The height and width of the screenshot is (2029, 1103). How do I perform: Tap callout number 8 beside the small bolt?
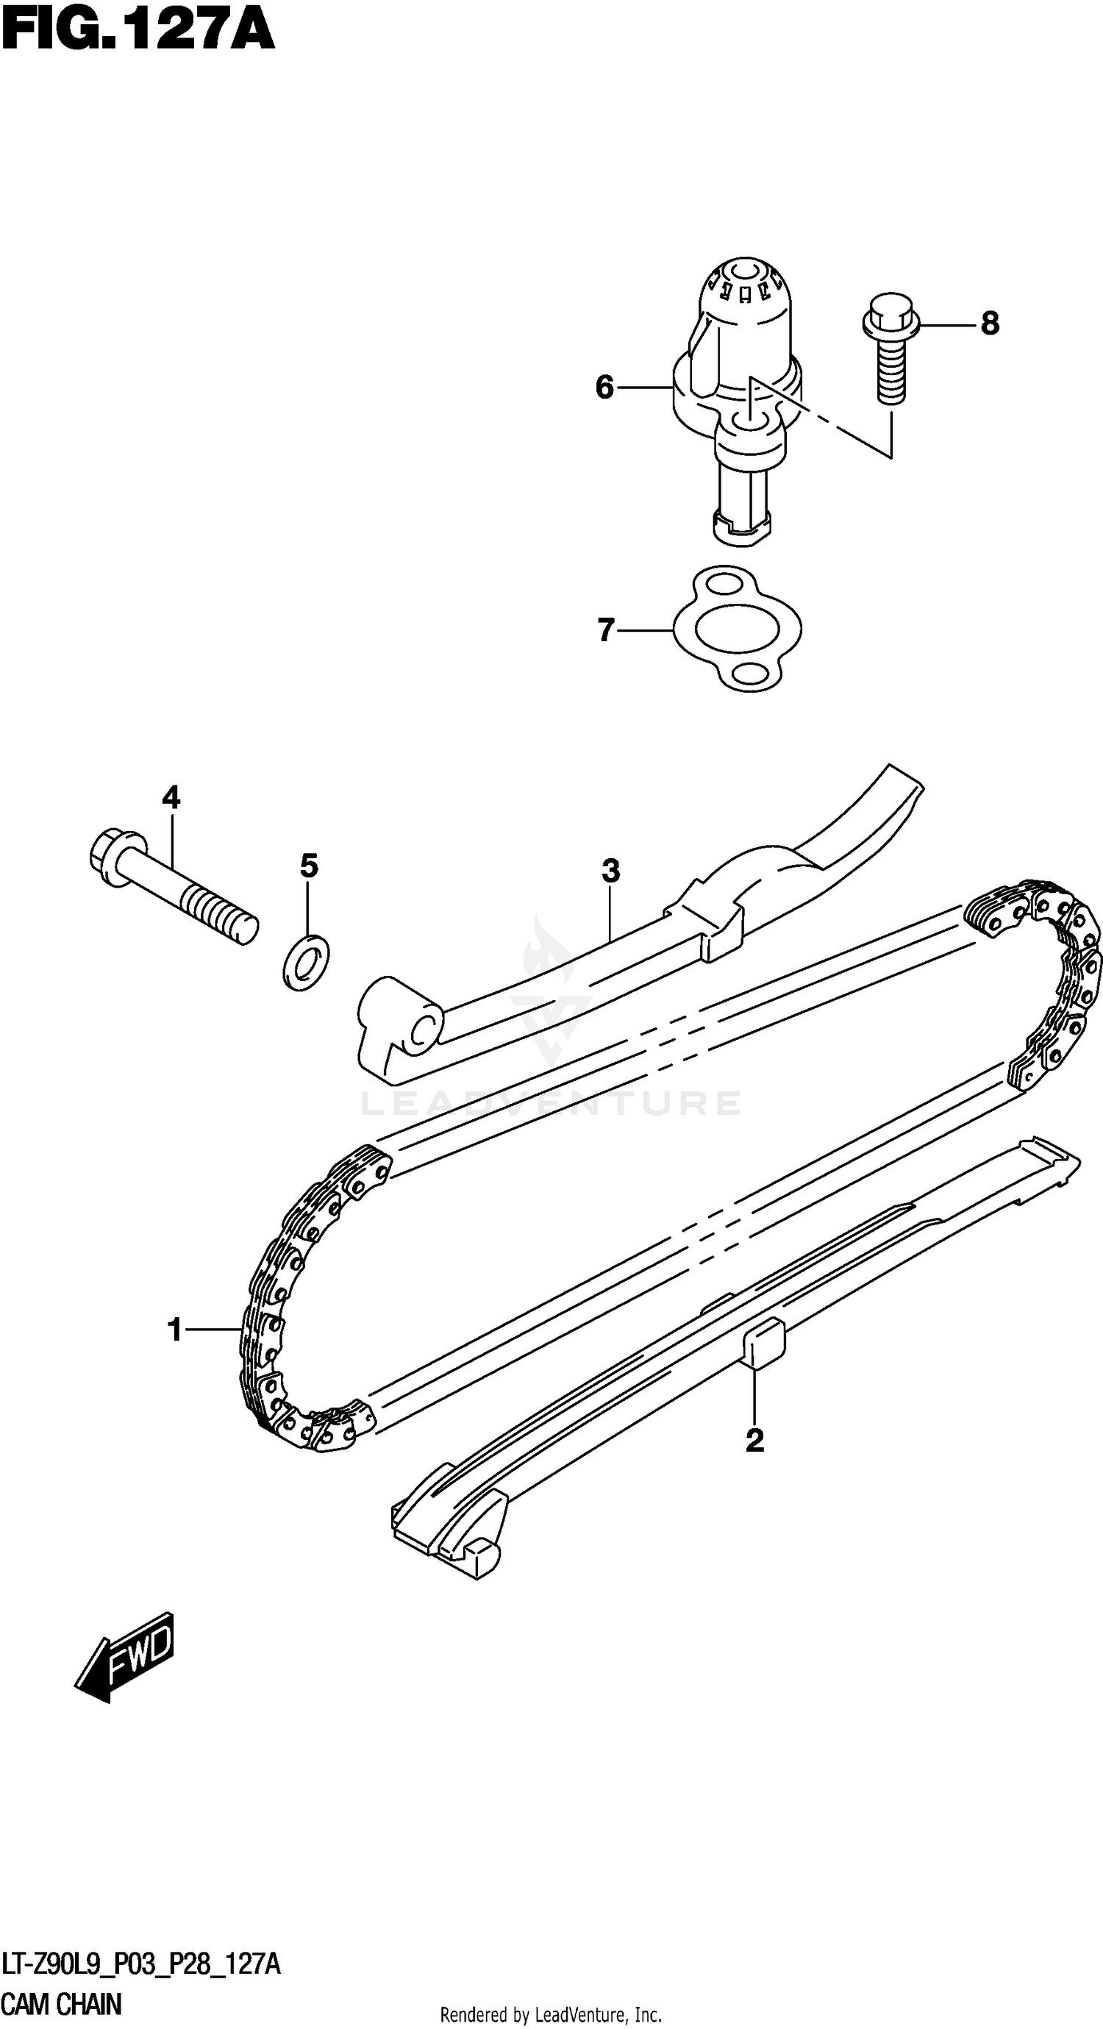click(x=990, y=324)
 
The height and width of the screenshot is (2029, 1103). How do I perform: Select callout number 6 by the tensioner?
click(x=604, y=388)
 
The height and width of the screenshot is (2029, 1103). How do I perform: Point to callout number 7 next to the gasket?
click(x=604, y=630)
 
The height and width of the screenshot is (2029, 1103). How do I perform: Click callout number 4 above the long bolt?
click(x=171, y=798)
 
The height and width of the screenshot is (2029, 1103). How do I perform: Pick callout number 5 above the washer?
click(x=309, y=866)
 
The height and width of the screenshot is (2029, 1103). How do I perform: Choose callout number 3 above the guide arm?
click(x=610, y=871)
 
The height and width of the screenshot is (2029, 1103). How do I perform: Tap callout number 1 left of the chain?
click(x=175, y=1330)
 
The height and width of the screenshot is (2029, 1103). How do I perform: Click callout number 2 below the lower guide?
click(x=754, y=1441)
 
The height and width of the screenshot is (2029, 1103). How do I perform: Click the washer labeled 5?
click(x=306, y=962)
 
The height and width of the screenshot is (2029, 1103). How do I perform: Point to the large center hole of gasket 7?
click(x=738, y=628)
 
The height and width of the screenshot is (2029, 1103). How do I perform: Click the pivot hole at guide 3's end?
click(x=424, y=1030)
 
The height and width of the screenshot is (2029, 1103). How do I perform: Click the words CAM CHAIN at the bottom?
click(x=63, y=2004)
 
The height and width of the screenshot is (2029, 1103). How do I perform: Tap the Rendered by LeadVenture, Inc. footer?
click(x=550, y=2015)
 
